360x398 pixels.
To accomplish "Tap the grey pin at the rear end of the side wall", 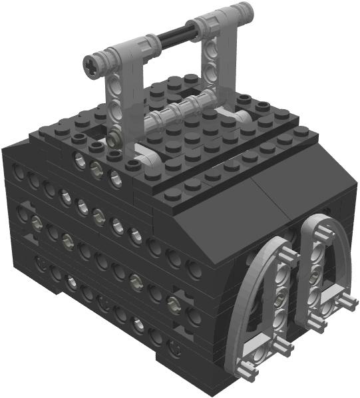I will (x=33, y=220).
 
